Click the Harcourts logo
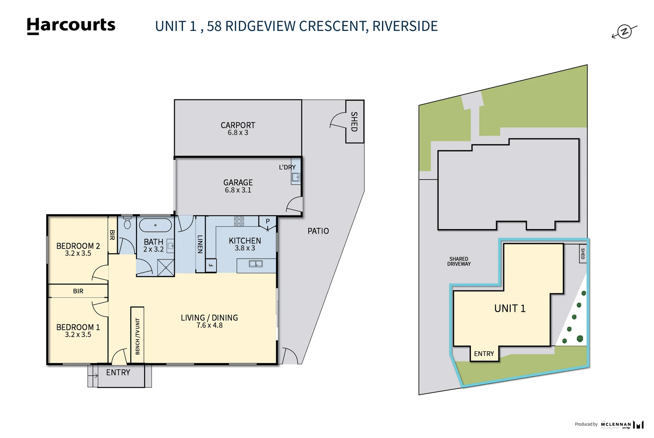[x=71, y=26]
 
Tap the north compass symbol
[x=624, y=32]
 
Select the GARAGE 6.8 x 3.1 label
[x=238, y=186]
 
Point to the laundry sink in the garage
[x=296, y=177]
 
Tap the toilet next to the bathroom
[x=127, y=223]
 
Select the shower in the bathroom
[x=166, y=268]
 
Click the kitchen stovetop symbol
[x=239, y=221]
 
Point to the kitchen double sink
[x=256, y=264]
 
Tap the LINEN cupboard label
[x=200, y=244]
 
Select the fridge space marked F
[x=211, y=265]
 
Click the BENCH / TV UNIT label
[x=137, y=336]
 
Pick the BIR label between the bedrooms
[x=78, y=291]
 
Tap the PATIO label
[x=318, y=231]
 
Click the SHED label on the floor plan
[x=354, y=122]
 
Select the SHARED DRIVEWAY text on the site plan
[x=459, y=261]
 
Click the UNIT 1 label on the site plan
[x=509, y=309]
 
